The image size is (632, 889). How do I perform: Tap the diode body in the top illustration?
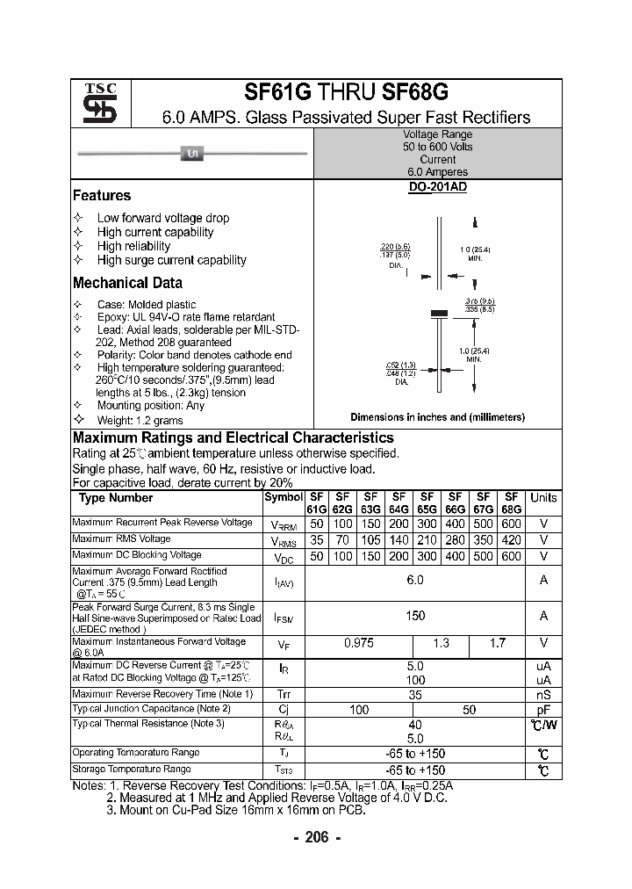coord(190,155)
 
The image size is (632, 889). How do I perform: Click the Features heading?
coord(101,196)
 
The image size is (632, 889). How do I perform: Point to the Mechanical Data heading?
coord(127,283)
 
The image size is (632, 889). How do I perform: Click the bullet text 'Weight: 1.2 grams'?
coord(140,420)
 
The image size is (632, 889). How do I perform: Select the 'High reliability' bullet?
coord(133,246)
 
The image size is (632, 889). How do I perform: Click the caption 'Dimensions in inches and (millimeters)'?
coord(437,417)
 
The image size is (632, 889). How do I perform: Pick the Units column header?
coord(543,498)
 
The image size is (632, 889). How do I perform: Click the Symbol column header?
coord(283,498)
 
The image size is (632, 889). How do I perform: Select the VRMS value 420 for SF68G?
coord(511,540)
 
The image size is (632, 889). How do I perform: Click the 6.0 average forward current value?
coord(415,581)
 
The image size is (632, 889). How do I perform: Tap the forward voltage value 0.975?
coord(358,643)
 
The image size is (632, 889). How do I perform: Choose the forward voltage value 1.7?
coord(497,643)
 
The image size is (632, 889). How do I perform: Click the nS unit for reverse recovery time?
coord(543,694)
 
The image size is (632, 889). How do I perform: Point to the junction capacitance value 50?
coord(469,709)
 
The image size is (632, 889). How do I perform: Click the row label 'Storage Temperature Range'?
coord(132,769)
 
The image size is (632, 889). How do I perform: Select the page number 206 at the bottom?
coord(316,837)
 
